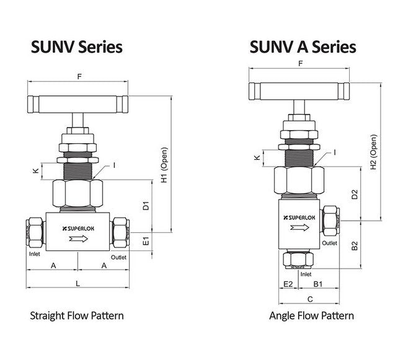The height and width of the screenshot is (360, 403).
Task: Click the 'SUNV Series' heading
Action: tap(77, 46)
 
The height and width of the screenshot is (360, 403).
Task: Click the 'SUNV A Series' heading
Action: tap(303, 46)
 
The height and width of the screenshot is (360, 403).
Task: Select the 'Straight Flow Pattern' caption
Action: tap(77, 315)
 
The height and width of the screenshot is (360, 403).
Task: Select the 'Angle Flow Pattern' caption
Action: tap(311, 315)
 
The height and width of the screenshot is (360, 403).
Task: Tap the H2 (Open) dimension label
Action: tap(373, 152)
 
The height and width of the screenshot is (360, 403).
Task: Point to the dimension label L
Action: tap(77, 283)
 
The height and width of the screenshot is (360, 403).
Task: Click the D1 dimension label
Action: tap(146, 205)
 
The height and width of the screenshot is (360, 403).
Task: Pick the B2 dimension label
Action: tap(354, 245)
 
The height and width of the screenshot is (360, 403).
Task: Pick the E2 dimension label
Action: tap(287, 284)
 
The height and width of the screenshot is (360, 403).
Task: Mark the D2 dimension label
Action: tap(354, 195)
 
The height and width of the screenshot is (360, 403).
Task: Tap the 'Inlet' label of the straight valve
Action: tap(33, 254)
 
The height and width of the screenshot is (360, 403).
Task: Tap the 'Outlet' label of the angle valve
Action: tap(330, 243)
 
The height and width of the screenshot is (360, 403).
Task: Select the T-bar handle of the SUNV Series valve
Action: tap(77, 100)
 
